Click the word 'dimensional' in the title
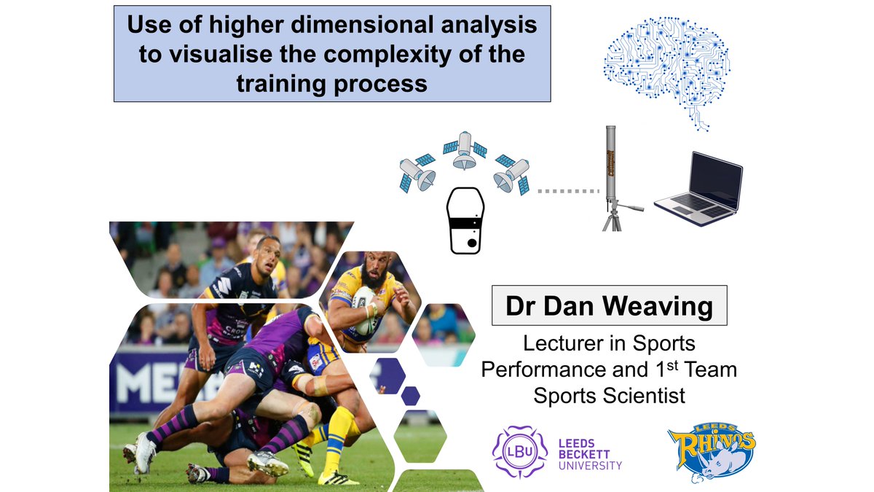pos(363,24)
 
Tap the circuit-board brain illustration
pos(666,72)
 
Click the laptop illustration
pos(698,189)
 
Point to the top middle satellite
pos(465,150)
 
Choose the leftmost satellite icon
pos(417,173)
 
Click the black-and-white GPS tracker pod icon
pos(465,221)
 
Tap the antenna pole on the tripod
pos(611,164)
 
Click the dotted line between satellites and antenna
pos(568,191)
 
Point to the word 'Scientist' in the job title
pos(644,396)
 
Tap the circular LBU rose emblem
pos(519,452)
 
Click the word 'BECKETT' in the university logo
pos(584,455)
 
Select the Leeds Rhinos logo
pos(712,453)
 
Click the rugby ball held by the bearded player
pos(363,310)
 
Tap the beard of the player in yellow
pos(370,277)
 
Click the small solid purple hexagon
pos(411,396)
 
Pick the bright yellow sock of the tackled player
pos(337,437)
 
